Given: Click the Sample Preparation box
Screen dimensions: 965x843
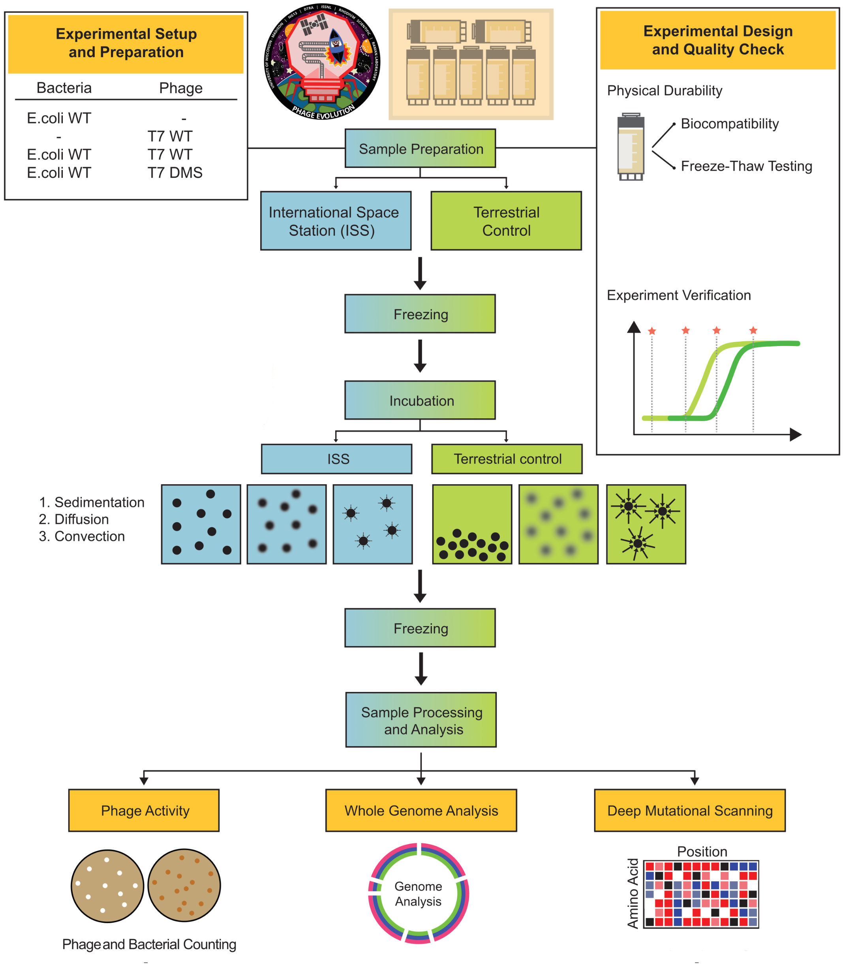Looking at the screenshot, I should pyautogui.click(x=420, y=148).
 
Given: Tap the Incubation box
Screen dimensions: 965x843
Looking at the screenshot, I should pyautogui.click(x=420, y=401).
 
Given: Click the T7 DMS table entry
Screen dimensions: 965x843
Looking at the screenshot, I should pyautogui.click(x=175, y=173).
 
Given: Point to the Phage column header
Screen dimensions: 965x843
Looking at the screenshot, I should pyautogui.click(x=181, y=88).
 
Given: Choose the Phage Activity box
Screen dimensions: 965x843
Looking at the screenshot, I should pyautogui.click(x=144, y=810).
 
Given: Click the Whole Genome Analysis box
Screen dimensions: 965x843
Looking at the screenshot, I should pyautogui.click(x=421, y=810).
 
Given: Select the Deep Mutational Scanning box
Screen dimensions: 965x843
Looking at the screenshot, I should pyautogui.click(x=690, y=810).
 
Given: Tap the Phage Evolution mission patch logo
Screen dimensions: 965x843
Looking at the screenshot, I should pyautogui.click(x=322, y=62).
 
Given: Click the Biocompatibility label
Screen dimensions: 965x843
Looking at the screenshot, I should pyautogui.click(x=730, y=124).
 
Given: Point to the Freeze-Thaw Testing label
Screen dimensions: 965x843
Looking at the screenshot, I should pyautogui.click(x=746, y=166).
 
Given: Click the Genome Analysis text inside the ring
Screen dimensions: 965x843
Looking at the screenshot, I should pyautogui.click(x=418, y=894).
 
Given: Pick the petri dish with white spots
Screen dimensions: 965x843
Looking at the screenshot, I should pyautogui.click(x=107, y=886).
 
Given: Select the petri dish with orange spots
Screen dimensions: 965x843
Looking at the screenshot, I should pyautogui.click(x=184, y=885).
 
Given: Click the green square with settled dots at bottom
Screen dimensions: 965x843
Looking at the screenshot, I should pyautogui.click(x=472, y=524).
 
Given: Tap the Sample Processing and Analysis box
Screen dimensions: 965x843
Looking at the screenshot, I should pyautogui.click(x=421, y=720).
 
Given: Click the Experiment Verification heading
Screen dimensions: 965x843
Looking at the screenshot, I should pyautogui.click(x=678, y=295).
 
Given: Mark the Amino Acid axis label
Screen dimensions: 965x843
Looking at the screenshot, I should pyautogui.click(x=633, y=894).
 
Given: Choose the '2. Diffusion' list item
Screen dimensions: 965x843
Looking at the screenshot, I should pyautogui.click(x=74, y=519).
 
